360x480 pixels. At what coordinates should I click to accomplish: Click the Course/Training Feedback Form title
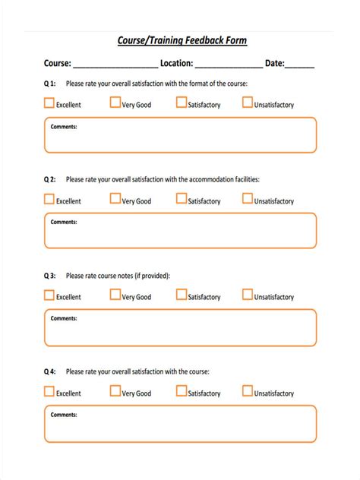tap(182, 41)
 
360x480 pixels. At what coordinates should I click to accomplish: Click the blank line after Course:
tap(115, 65)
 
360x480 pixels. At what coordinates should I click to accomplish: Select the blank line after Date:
tap(300, 65)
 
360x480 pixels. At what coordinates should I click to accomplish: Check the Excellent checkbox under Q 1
tap(49, 103)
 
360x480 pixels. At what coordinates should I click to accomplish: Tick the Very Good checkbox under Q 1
tap(115, 103)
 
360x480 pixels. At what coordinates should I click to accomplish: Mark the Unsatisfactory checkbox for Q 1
tap(248, 103)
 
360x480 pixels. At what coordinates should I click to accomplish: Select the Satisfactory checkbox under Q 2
tap(182, 199)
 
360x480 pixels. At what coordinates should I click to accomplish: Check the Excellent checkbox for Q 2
tap(49, 199)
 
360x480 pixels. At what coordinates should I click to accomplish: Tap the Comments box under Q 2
tap(180, 231)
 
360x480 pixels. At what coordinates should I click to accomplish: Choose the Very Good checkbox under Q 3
tap(115, 295)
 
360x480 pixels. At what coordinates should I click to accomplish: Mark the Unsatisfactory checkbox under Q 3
tap(248, 295)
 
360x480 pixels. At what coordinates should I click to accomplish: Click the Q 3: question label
tap(49, 276)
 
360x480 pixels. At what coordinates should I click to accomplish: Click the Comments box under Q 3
tap(180, 327)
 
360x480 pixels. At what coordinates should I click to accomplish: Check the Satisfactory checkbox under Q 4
tap(182, 391)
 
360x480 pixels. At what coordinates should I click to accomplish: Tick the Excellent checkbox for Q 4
tap(49, 391)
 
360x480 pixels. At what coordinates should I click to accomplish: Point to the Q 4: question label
tap(49, 372)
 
